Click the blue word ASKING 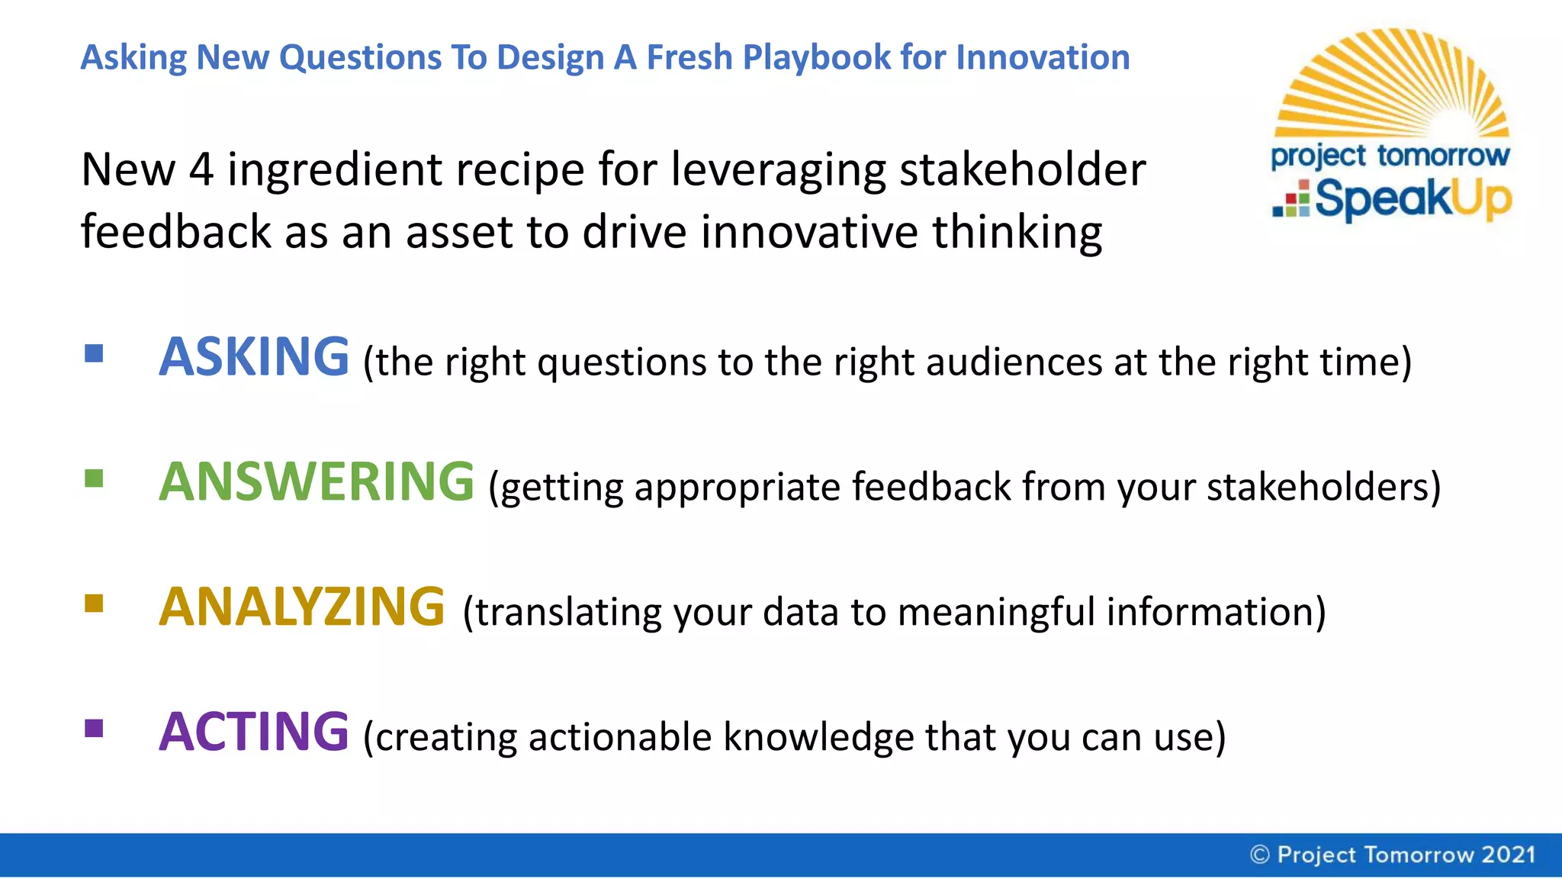253,357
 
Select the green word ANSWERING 317,482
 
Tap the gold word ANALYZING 301,607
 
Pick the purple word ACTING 253,732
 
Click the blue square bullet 94,353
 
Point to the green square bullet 94,478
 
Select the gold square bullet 94,604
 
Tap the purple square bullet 94,729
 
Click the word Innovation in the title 1043,58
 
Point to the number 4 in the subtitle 201,169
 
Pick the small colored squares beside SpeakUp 1292,200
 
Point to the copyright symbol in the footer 1259,855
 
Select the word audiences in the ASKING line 1014,362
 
